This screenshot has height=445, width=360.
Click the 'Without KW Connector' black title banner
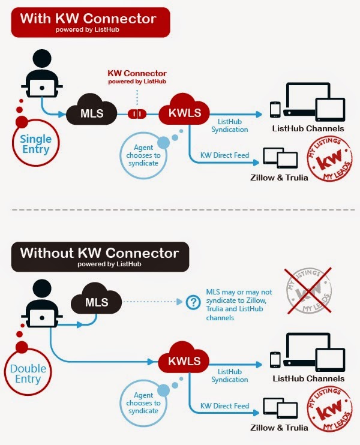pyautogui.click(x=100, y=256)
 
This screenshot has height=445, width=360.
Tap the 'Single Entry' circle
pyautogui.click(x=36, y=144)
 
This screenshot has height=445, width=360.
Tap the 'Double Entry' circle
pyautogui.click(x=28, y=374)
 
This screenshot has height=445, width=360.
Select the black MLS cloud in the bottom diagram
pyautogui.click(x=96, y=302)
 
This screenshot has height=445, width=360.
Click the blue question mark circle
pyautogui.click(x=193, y=302)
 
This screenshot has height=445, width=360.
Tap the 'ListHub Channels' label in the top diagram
pyautogui.click(x=308, y=128)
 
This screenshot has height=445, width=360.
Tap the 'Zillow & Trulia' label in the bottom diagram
pyautogui.click(x=280, y=428)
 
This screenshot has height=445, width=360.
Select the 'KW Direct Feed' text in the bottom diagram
pyautogui.click(x=224, y=406)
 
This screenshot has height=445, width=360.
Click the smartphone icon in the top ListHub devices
pyautogui.click(x=275, y=109)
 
